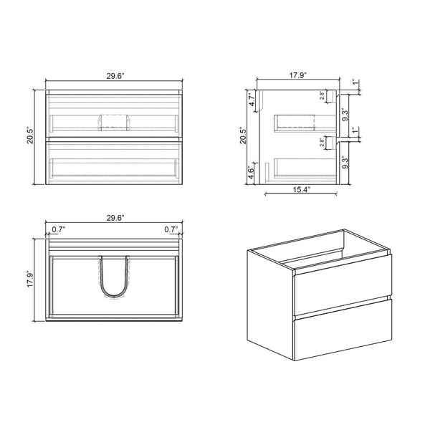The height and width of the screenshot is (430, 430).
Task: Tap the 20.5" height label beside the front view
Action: (31, 136)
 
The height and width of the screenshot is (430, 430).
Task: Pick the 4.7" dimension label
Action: (252, 100)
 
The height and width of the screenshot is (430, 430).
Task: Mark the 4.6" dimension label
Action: (252, 174)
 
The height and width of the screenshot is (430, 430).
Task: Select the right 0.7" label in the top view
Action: (171, 230)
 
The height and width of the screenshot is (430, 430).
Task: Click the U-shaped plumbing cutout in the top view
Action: (115, 276)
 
